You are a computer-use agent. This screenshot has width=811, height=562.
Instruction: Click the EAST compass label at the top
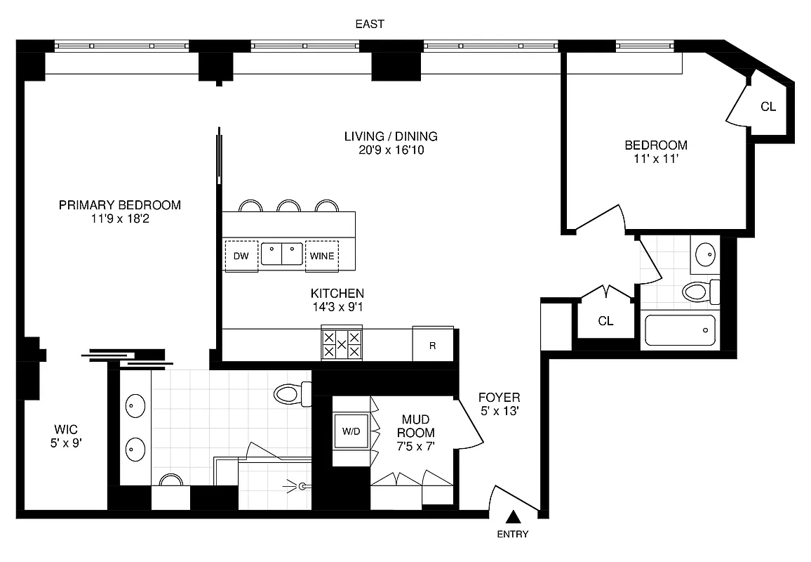370,24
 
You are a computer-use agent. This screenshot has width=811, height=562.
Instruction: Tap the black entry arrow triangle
514,517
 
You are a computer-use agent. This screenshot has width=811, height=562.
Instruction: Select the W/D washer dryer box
350,431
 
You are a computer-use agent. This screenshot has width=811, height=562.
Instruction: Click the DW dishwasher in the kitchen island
241,256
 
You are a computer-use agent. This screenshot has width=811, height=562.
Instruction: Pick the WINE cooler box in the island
321,256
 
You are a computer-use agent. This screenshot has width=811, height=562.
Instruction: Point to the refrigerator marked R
432,345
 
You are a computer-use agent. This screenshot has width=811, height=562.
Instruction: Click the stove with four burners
342,345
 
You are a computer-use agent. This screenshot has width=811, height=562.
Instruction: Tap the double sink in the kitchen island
281,254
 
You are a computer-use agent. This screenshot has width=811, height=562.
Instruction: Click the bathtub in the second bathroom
679,329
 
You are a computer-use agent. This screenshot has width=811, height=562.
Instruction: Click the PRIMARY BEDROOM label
120,205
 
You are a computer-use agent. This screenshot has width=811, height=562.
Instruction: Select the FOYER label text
499,398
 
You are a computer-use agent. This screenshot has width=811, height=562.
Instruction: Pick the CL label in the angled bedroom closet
768,107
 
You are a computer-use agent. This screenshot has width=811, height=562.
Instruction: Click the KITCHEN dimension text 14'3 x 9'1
337,307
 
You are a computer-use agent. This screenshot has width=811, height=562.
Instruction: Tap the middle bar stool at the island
288,206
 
